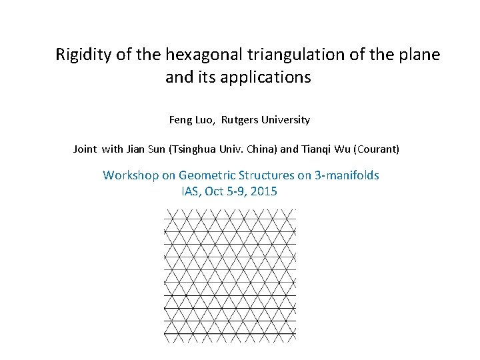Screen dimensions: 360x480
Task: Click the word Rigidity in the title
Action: click(83, 55)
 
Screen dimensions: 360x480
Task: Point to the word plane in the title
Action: click(419, 55)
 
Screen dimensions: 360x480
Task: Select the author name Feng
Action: click(180, 120)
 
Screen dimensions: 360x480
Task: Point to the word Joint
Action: click(85, 149)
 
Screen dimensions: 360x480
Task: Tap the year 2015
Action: click(264, 192)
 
